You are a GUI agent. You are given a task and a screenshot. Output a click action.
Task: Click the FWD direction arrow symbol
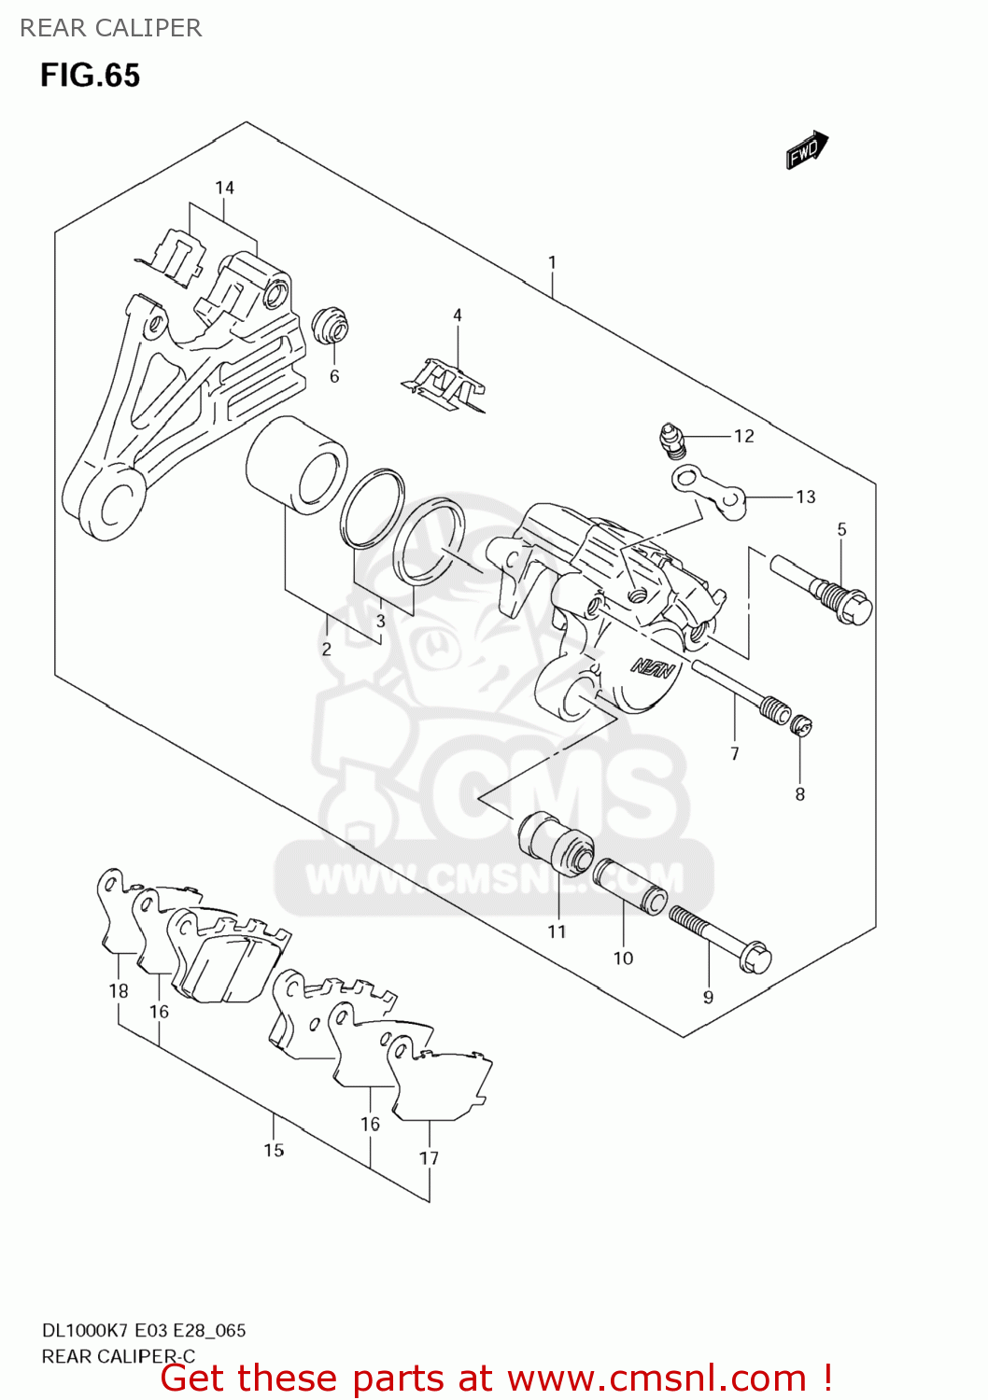807,149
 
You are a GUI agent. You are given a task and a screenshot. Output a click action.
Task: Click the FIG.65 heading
90,75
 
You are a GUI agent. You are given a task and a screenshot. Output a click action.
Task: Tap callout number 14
224,188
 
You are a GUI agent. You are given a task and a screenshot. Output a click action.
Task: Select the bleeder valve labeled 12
670,440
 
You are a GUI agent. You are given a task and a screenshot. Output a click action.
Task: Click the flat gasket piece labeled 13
710,492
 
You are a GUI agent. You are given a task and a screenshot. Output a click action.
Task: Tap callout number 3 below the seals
380,621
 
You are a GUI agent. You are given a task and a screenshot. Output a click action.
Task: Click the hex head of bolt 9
755,958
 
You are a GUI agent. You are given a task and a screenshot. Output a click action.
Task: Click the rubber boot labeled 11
557,844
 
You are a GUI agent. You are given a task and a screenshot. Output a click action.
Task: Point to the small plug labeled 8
801,725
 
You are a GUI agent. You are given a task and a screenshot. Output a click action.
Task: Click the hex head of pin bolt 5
854,609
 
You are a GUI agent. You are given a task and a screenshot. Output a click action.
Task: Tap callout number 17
429,1158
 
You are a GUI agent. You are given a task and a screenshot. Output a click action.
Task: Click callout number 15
274,1150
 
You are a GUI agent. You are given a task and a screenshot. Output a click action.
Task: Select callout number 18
118,990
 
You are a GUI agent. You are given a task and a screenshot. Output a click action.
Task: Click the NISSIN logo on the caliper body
653,666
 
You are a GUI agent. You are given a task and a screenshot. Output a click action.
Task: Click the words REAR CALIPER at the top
110,28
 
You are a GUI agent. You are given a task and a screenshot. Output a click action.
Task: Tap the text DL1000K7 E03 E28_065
144,1330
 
